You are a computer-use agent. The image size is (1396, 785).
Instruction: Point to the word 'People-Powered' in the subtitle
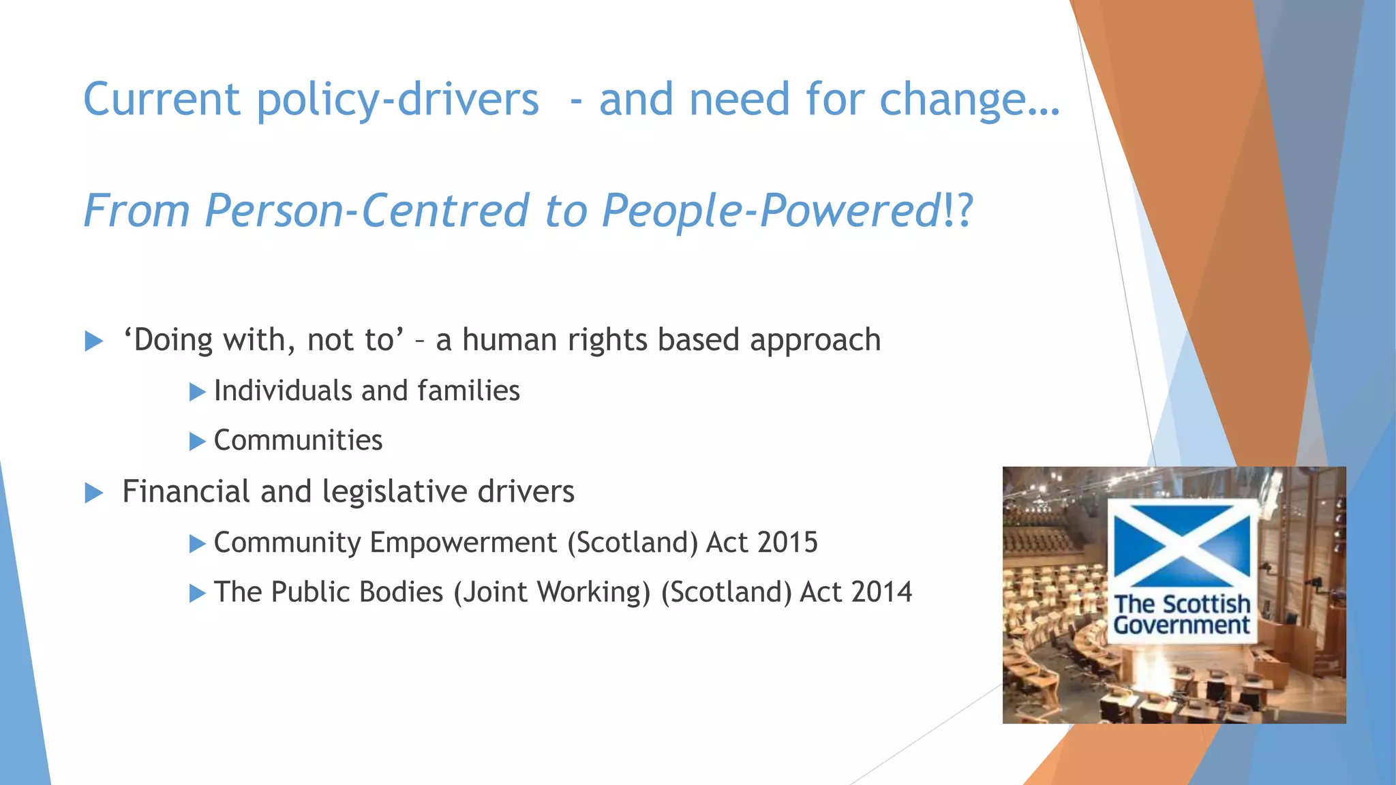[771, 210]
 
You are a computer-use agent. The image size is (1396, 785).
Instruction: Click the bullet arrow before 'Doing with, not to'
[94, 341]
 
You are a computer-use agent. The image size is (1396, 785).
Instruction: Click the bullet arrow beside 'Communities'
[197, 442]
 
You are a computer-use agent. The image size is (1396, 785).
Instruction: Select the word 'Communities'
[298, 440]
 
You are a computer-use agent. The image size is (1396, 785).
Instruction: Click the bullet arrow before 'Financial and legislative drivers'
[94, 493]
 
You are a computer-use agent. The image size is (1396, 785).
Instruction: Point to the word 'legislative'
[395, 491]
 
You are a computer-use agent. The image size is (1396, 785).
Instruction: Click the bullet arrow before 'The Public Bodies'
[197, 593]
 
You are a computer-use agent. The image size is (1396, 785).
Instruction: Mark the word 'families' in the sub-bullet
[468, 391]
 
